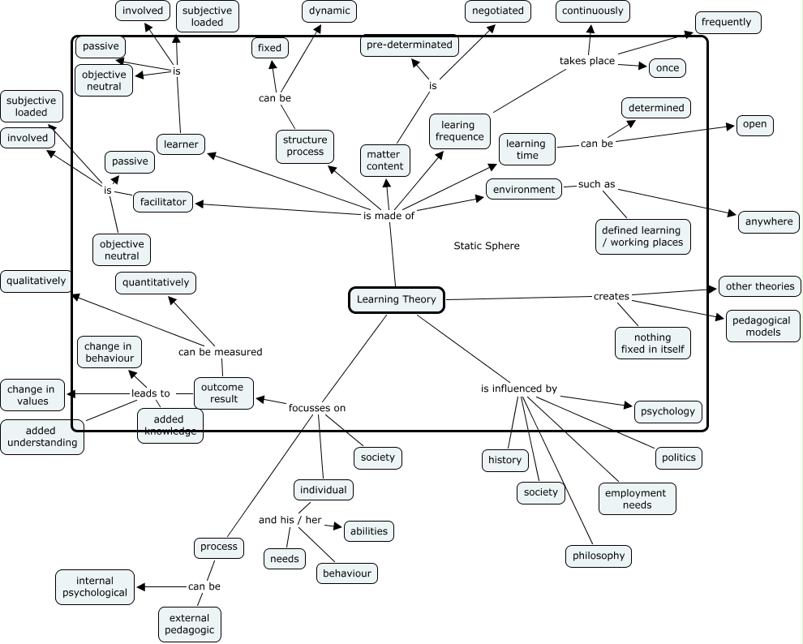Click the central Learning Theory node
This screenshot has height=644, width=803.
(x=397, y=299)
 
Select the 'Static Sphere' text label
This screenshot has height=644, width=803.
(x=487, y=246)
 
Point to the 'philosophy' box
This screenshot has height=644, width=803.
(x=598, y=556)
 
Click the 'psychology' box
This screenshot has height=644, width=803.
(x=668, y=411)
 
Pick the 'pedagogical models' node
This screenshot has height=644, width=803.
(x=762, y=325)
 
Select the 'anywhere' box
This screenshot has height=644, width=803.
(x=768, y=221)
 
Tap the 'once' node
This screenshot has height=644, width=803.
(x=667, y=67)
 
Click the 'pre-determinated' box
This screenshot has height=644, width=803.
(x=410, y=45)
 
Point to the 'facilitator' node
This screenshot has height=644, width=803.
(x=163, y=202)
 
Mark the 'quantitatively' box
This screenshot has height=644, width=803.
(x=156, y=283)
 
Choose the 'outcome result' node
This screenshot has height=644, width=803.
(x=224, y=393)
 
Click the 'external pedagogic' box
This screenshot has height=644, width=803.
(x=190, y=624)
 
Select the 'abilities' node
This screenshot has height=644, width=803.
(x=369, y=531)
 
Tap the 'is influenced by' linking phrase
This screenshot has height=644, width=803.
(x=518, y=389)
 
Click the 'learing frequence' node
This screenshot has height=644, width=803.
(x=459, y=131)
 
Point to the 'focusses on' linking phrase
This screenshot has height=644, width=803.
(x=317, y=407)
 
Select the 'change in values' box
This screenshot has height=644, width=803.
(x=32, y=395)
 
